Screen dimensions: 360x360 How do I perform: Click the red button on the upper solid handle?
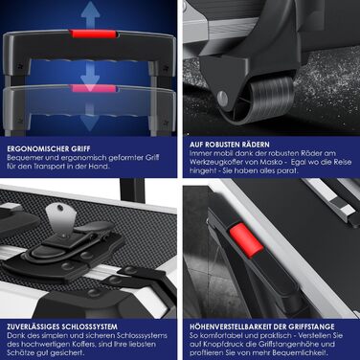tap(93, 34)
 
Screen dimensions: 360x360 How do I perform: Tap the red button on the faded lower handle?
tap(93, 88)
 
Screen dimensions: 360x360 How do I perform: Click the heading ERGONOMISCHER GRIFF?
tap(49, 148)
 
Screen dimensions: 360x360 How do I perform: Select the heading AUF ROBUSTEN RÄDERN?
tap(230, 145)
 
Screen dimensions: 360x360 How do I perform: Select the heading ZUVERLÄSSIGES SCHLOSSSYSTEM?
tap(62, 326)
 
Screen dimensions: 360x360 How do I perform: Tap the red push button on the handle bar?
tap(245, 240)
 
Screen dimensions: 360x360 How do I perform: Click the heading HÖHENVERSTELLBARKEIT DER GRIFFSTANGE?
tap(262, 326)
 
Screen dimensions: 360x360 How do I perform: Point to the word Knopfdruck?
tap(222, 344)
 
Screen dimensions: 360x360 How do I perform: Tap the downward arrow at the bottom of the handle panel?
tap(90, 122)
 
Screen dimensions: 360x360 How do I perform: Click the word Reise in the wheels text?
tap(342, 162)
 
